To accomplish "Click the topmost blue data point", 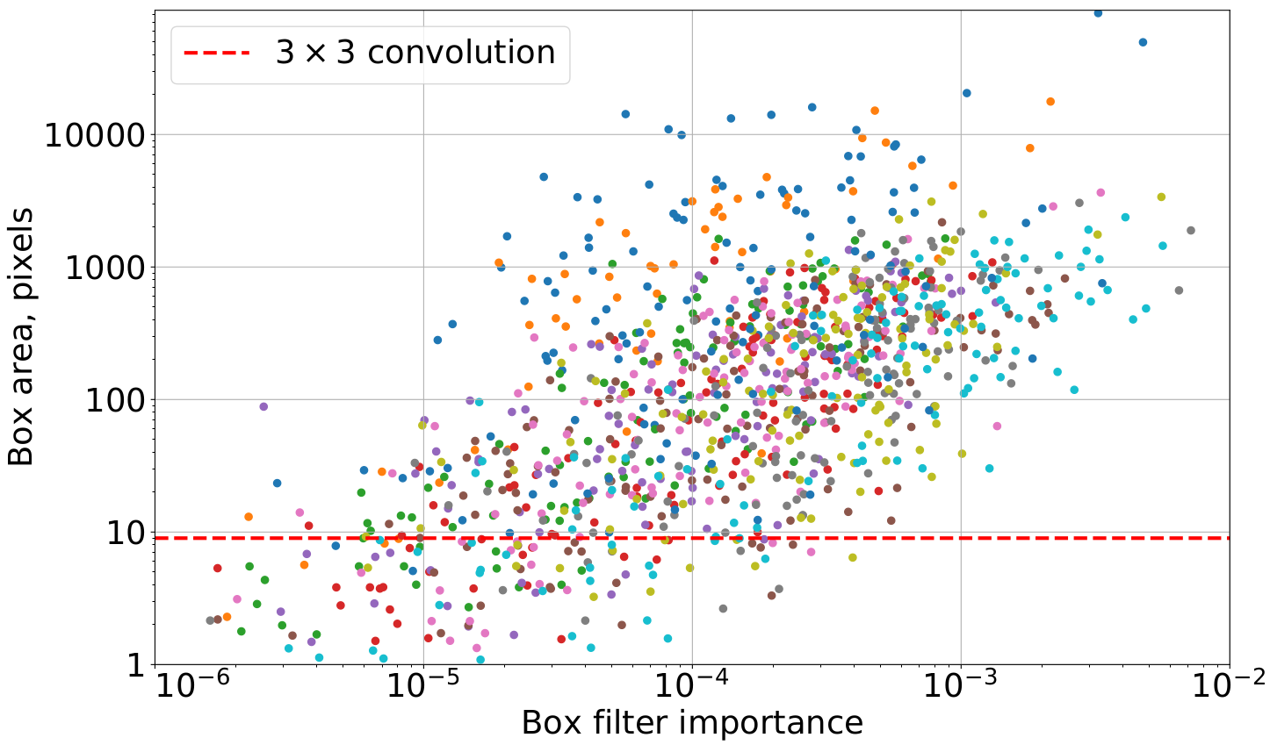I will (1098, 13).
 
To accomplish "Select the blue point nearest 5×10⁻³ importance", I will (1143, 42).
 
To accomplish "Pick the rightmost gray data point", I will (1191, 231).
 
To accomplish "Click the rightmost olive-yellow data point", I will (1161, 197).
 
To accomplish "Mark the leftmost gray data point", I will (210, 620).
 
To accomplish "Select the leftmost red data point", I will (217, 569).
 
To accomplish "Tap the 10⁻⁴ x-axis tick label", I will (692, 689).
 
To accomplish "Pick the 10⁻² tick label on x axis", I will (1229, 689).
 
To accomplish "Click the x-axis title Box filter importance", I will (692, 724).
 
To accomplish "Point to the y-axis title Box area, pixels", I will (21, 337).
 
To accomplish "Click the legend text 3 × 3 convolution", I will (415, 54).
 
